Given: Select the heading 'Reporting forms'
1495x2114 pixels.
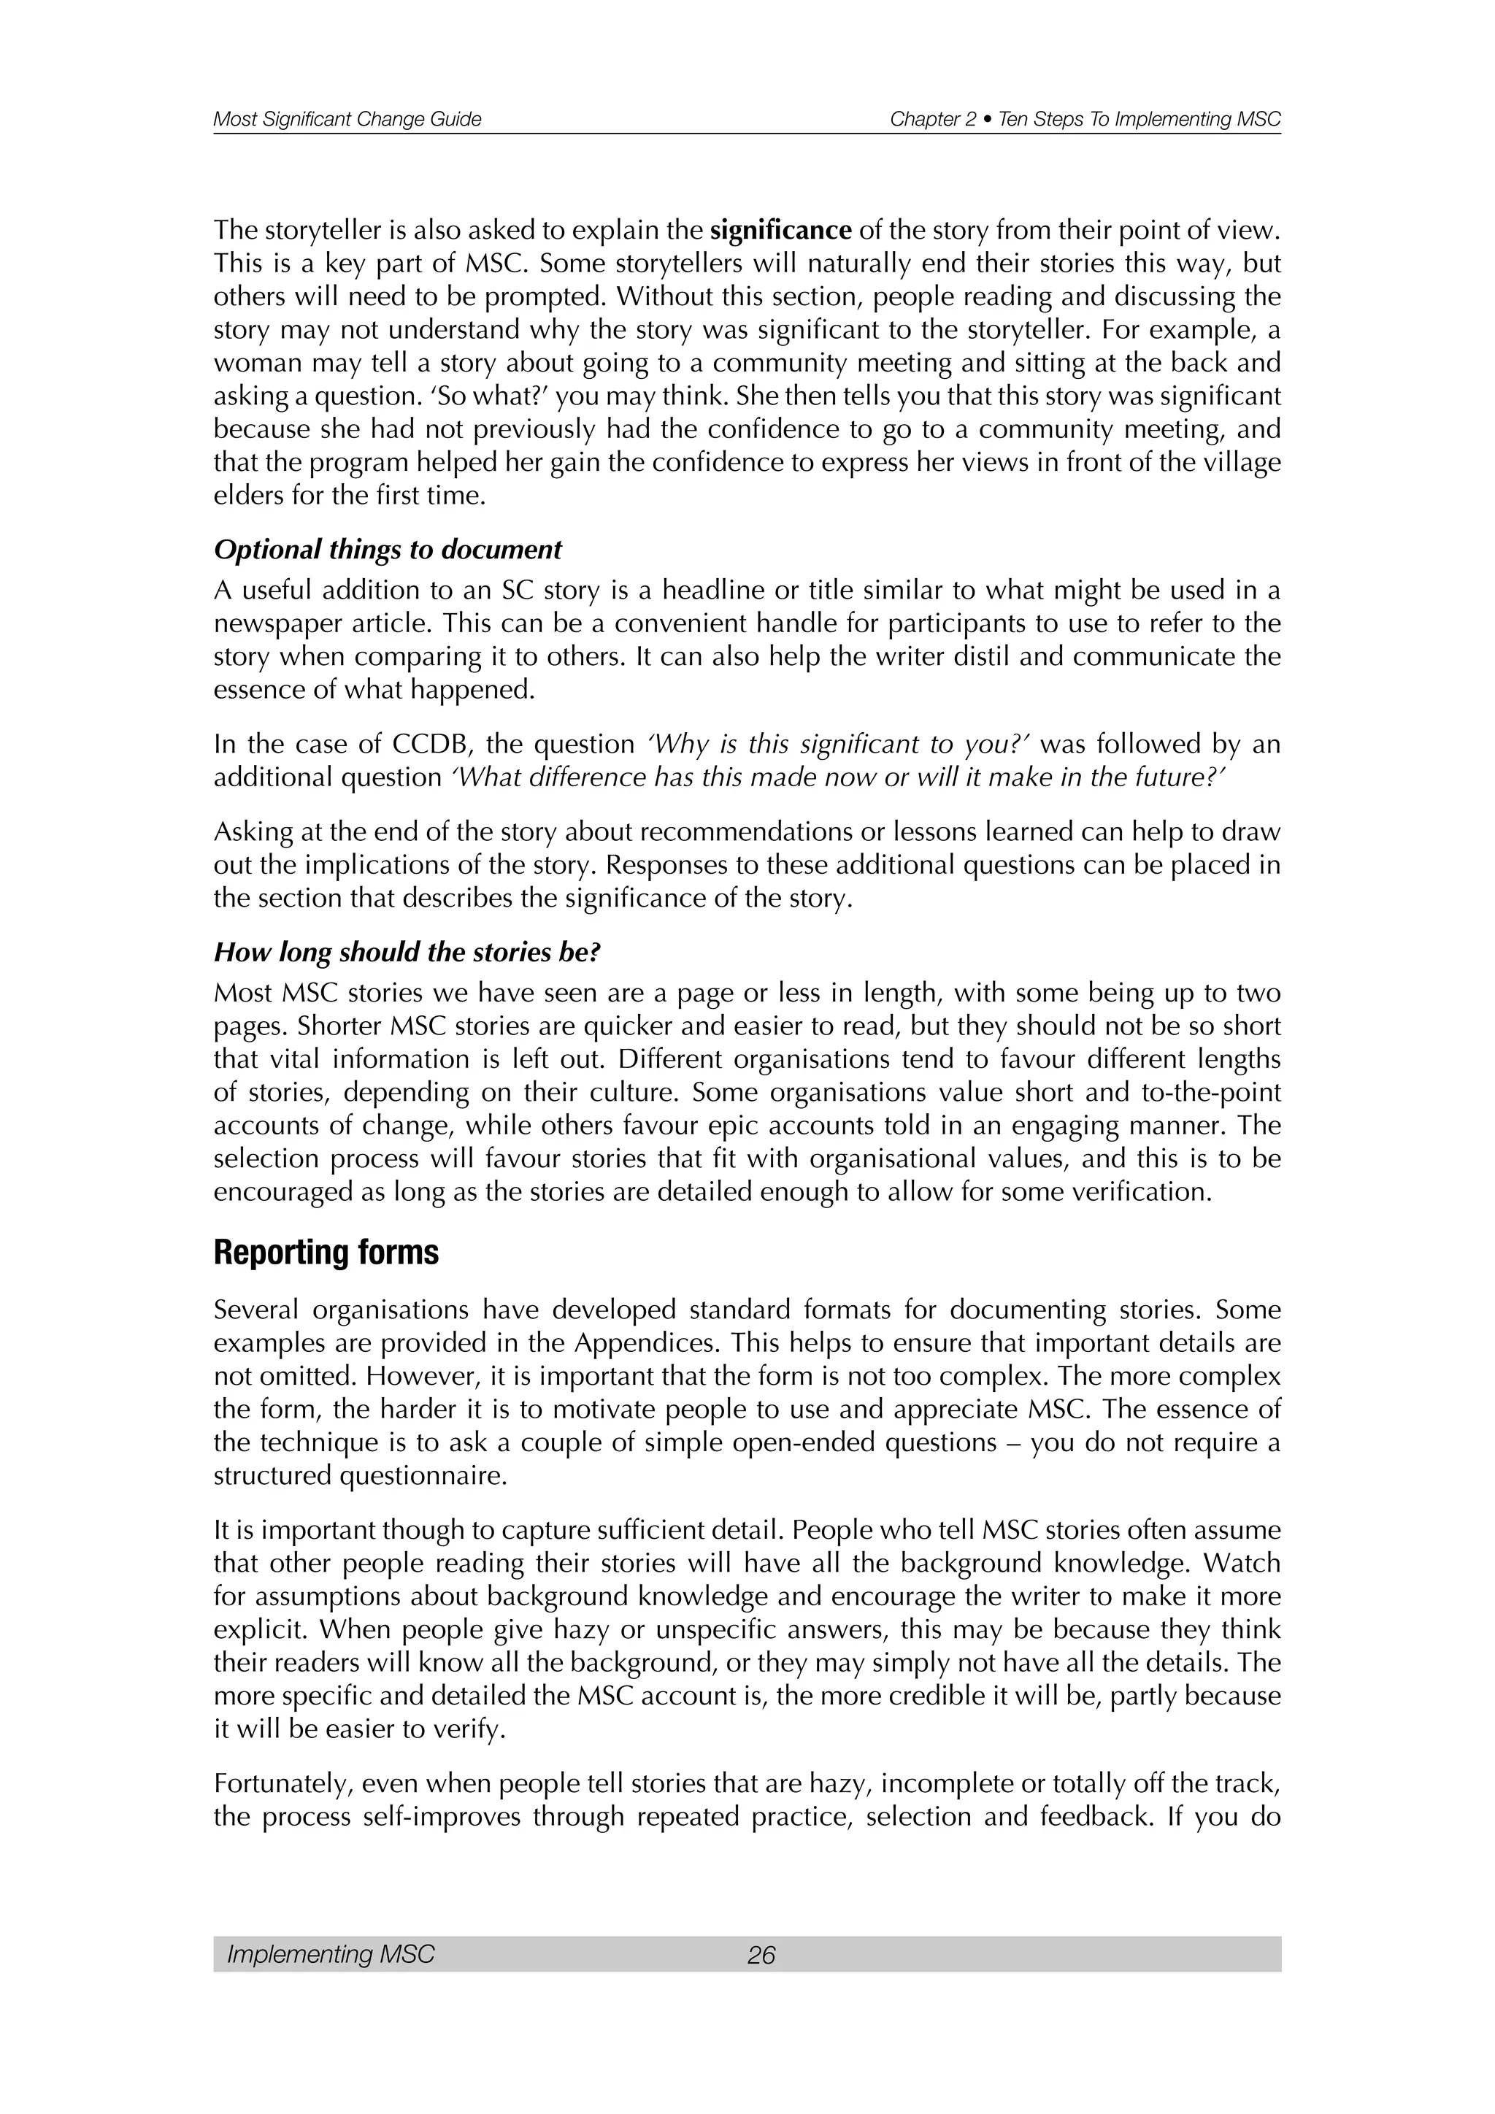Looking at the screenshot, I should click(326, 1254).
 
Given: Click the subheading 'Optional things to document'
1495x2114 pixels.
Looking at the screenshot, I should click(387, 550).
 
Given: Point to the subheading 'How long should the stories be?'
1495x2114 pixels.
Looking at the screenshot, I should click(406, 953).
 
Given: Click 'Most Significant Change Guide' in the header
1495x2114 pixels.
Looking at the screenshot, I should click(347, 120).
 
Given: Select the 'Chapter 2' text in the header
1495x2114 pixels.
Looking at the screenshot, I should click(932, 120).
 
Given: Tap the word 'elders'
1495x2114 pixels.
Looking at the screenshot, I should click(247, 496).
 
